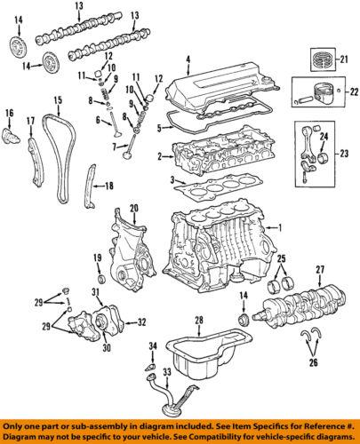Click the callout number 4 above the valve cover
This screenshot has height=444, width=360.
point(188,61)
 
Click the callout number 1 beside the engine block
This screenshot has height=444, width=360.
point(280,227)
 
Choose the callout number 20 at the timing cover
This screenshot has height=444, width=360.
point(134,208)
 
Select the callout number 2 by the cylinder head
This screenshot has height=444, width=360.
point(158,157)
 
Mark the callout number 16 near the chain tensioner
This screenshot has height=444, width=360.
point(11,113)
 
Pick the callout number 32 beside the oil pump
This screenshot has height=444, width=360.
point(142,322)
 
